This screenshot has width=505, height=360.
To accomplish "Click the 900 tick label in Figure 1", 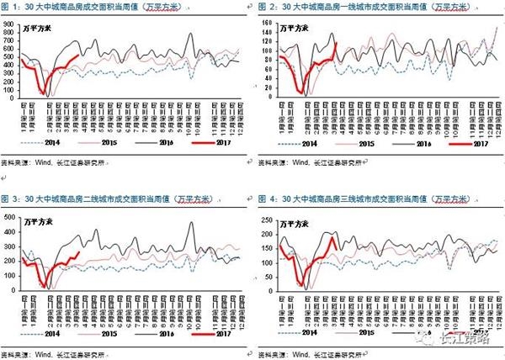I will pos(8,25).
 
